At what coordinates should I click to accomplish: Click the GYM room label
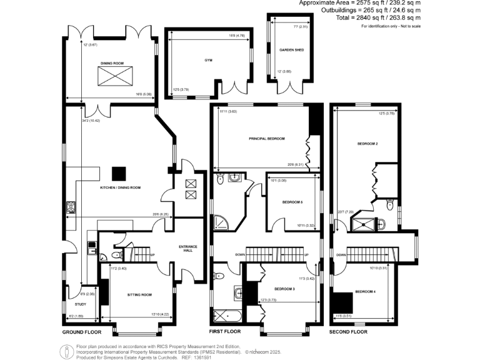click(208, 61)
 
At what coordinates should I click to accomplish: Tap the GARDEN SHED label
click(291, 49)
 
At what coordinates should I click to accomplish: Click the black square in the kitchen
click(117, 172)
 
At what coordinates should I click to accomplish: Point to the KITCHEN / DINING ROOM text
click(121, 187)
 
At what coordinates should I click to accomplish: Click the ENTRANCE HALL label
click(188, 247)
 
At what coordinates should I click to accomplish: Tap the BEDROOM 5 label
click(292, 202)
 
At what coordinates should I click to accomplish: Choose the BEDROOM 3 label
click(284, 289)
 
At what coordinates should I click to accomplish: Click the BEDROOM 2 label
click(367, 144)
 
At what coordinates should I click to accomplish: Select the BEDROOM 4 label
click(365, 292)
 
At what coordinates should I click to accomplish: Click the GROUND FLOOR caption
click(82, 331)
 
